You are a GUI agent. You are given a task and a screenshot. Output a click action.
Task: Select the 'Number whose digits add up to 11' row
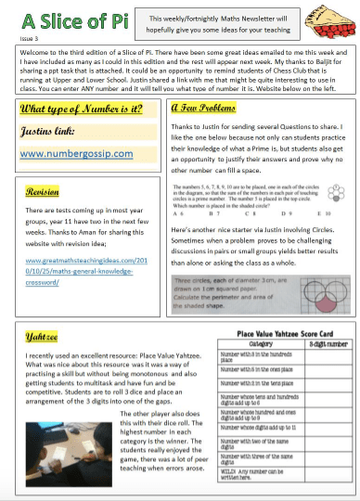point(253,426)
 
